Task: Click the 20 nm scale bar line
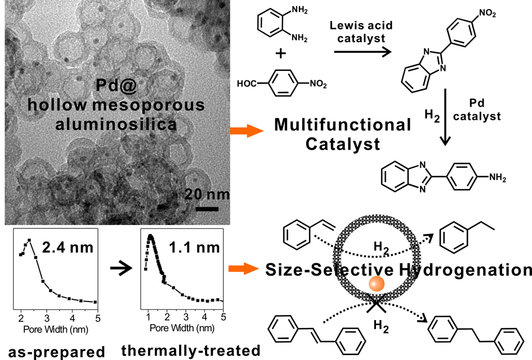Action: tap(207, 209)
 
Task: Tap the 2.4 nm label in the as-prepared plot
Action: tap(68, 247)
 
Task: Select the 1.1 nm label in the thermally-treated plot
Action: tap(194, 247)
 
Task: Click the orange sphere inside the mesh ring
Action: tap(377, 283)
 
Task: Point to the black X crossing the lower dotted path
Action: tap(376, 303)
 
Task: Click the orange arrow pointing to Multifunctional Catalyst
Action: tap(247, 131)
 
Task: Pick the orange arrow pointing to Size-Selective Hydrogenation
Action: tap(244, 269)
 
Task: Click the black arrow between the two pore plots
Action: tap(121, 268)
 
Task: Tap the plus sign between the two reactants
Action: tap(280, 53)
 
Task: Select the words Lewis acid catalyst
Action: tap(361, 31)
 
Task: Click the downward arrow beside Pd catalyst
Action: tap(445, 118)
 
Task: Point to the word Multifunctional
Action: tap(343, 124)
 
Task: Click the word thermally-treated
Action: tap(191, 350)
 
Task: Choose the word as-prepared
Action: tap(56, 353)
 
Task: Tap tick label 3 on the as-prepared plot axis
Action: tap(47, 318)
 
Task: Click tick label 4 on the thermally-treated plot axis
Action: tap(204, 317)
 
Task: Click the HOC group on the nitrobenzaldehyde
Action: tap(247, 83)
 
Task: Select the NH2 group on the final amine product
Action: tap(498, 178)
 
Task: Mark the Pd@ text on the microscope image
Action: tap(117, 85)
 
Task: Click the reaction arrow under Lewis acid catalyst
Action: tap(363, 52)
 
